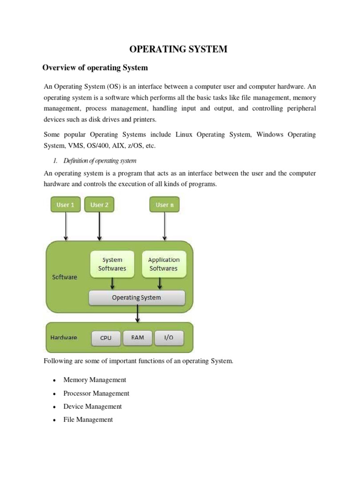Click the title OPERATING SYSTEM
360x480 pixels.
pos(179,49)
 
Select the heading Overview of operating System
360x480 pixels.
pos(95,68)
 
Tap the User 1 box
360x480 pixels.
pos(66,205)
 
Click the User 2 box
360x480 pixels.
pos(99,205)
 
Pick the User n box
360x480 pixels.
pos(164,205)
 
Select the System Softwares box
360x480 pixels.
pos(112,264)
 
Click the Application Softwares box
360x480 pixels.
pos(164,264)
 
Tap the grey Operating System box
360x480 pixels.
pos(136,298)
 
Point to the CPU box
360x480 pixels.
pos(106,338)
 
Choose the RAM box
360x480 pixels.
pos(138,338)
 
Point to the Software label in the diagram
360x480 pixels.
pos(64,277)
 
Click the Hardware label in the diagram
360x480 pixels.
pos(64,337)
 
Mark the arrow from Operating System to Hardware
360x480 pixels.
pos(137,314)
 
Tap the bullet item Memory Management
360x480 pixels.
pos(95,380)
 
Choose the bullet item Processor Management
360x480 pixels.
pos(96,393)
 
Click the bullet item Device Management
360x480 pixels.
pos(92,406)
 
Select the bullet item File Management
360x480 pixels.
pos(88,420)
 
